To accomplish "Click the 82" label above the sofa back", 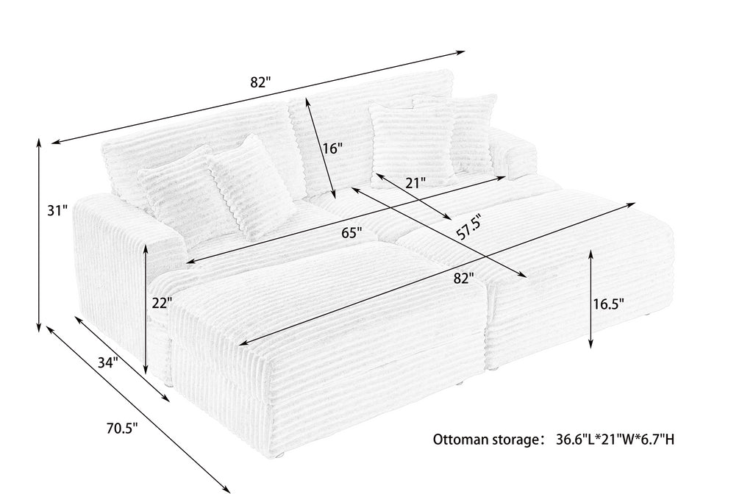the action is (260, 82).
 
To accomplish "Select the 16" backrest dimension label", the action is (332, 148).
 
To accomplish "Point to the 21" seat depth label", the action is (415, 183).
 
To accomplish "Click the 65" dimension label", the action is (351, 233).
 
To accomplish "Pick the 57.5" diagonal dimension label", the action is (468, 226).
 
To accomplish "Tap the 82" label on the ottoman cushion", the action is (463, 279).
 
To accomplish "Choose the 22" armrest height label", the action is (162, 304).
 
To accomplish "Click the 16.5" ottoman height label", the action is (607, 304).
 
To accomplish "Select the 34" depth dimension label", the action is (108, 363).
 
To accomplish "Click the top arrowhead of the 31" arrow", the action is (39, 140).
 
